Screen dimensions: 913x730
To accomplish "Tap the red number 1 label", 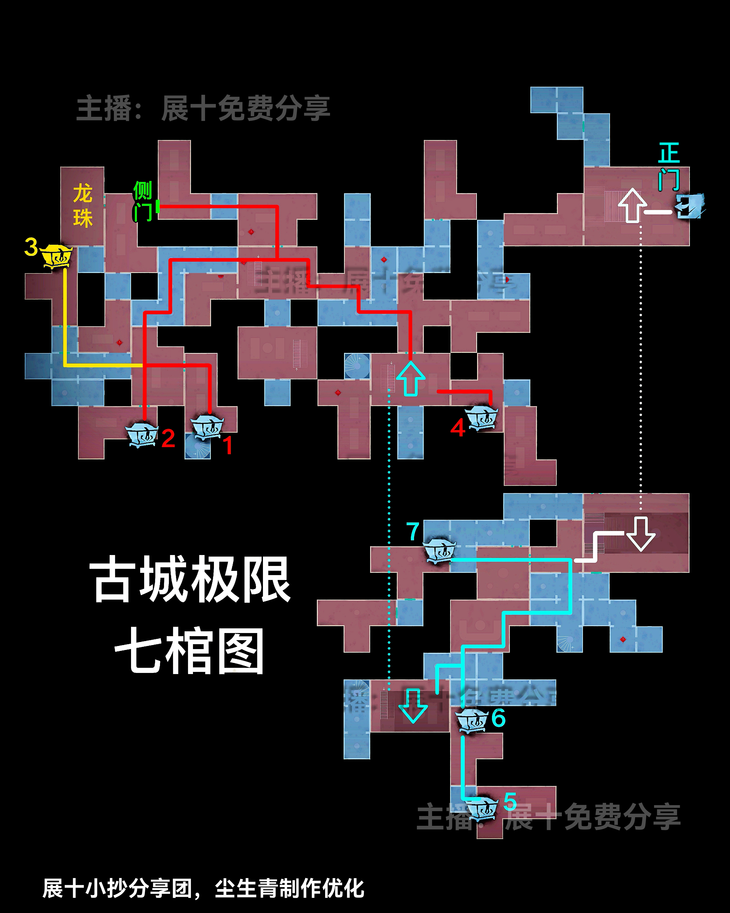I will [228, 446].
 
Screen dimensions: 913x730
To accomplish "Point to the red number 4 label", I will [458, 428].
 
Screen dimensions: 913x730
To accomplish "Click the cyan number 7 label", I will [412, 531].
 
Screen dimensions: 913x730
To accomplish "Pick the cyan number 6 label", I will [498, 718].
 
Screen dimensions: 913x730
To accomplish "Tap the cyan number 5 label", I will [510, 802].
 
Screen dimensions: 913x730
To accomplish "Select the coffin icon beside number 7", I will [439, 551].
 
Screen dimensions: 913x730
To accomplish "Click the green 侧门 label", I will [143, 201].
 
